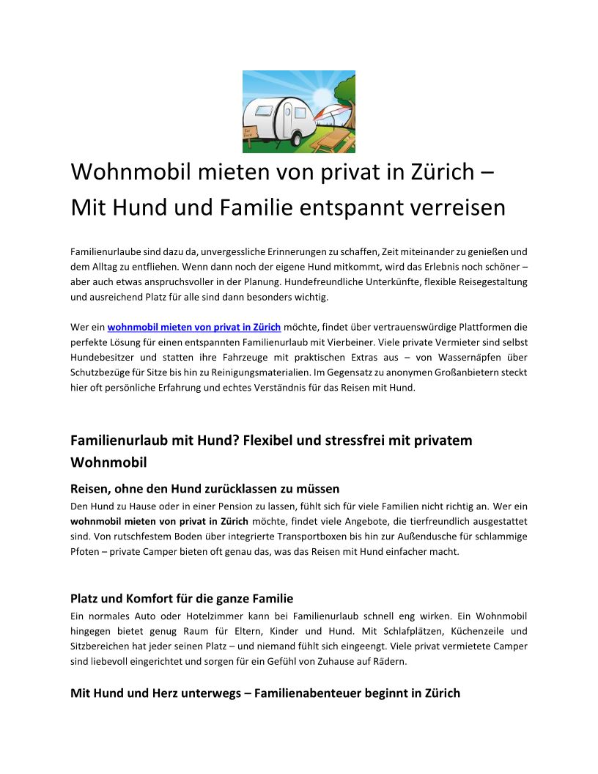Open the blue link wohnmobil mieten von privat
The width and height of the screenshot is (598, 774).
(x=194, y=327)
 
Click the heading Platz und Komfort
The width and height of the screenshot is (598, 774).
(x=182, y=599)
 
